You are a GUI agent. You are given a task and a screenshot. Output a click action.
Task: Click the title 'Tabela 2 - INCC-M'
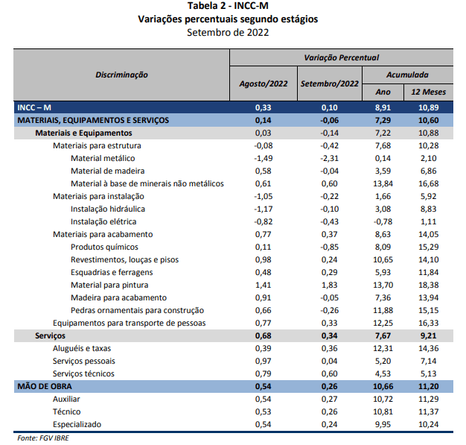pyautogui.click(x=228, y=6)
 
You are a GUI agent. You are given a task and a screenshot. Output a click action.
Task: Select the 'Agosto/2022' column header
pyautogui.click(x=263, y=83)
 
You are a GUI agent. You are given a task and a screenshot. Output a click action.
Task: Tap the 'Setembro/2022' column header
pyautogui.click(x=329, y=83)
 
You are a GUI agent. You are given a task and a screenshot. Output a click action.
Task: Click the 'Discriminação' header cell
pyautogui.click(x=122, y=75)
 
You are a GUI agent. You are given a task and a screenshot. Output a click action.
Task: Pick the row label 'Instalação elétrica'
pyautogui.click(x=103, y=221)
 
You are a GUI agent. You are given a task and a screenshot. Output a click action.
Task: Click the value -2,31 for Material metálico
pyautogui.click(x=329, y=158)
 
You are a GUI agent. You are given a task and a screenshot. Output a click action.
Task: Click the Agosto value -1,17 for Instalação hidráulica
pyautogui.click(x=263, y=209)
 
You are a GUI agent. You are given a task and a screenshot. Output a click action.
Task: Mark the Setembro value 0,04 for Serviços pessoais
pyautogui.click(x=329, y=361)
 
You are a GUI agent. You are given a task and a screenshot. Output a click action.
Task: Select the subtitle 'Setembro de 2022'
pyautogui.click(x=228, y=32)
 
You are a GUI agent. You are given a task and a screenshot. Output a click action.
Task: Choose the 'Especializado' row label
pyautogui.click(x=77, y=424)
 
